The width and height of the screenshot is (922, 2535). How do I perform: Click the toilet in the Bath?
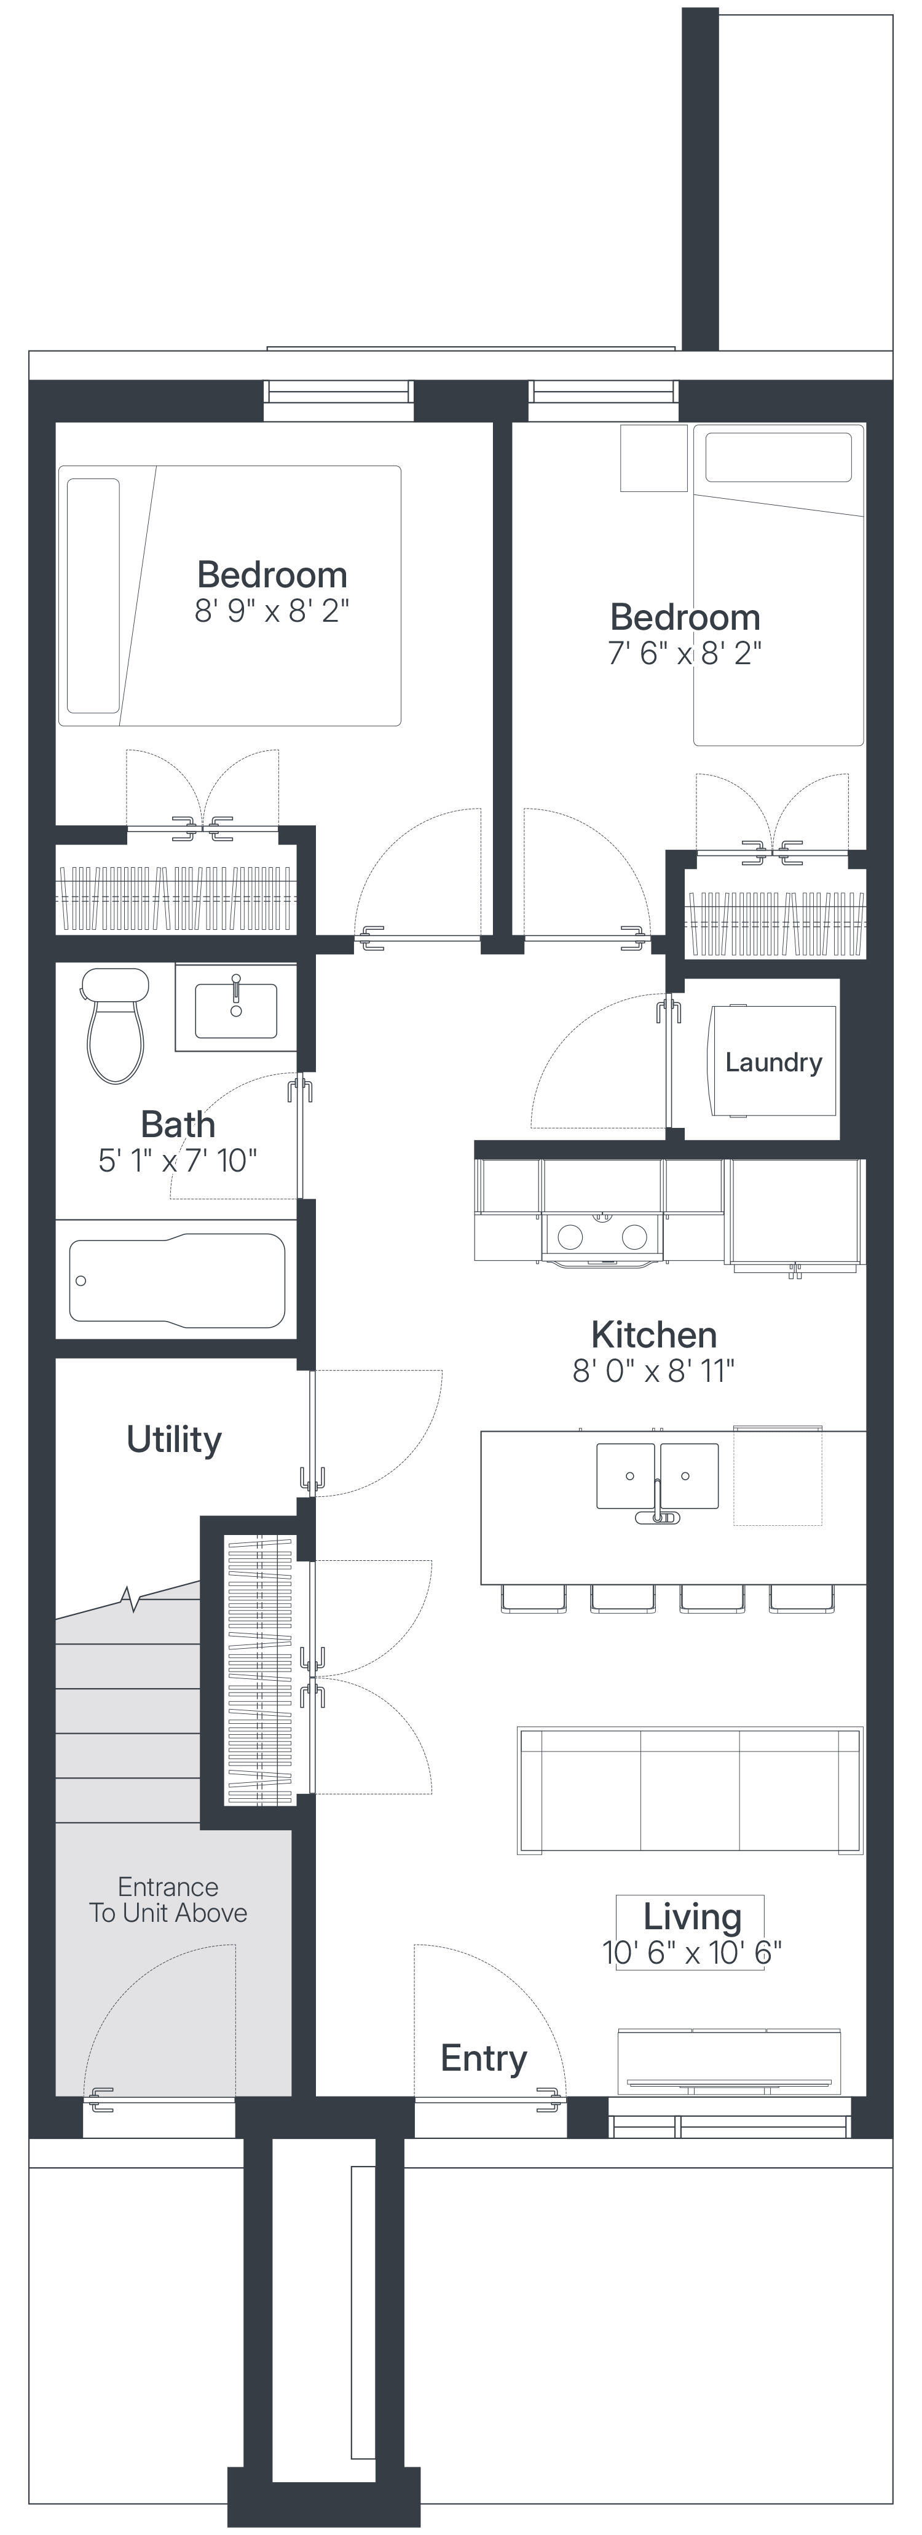pyautogui.click(x=115, y=1025)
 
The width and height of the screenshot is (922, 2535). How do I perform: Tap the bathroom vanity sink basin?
pyautogui.click(x=236, y=1010)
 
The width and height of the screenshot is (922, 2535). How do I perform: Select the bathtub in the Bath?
pyautogui.click(x=177, y=1279)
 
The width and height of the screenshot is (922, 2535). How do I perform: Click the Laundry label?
pyautogui.click(x=773, y=1062)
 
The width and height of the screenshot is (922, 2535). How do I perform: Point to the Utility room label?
pyautogui.click(x=174, y=1440)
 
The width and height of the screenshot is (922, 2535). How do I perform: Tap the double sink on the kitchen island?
pyautogui.click(x=657, y=1476)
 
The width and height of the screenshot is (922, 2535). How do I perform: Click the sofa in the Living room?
pyautogui.click(x=690, y=1790)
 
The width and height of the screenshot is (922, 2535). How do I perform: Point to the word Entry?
pyautogui.click(x=483, y=2058)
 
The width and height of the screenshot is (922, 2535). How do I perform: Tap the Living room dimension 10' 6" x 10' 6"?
pyautogui.click(x=691, y=1953)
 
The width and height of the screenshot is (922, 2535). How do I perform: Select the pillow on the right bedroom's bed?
pyautogui.click(x=778, y=456)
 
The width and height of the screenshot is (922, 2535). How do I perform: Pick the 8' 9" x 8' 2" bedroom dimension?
pyautogui.click(x=272, y=611)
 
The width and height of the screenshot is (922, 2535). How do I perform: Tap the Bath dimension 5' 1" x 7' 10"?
pyautogui.click(x=177, y=1160)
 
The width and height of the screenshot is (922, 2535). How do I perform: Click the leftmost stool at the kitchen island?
pyautogui.click(x=534, y=1598)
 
